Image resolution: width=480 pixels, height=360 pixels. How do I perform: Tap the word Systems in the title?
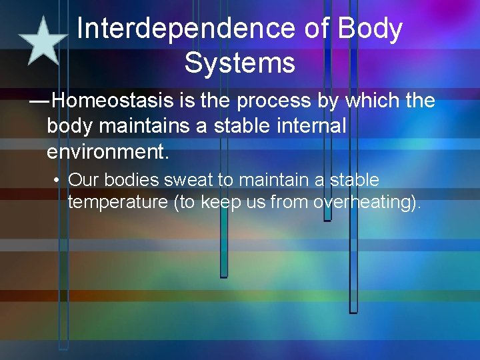[x=239, y=63]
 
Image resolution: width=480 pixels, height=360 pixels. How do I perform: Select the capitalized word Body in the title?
[x=370, y=29]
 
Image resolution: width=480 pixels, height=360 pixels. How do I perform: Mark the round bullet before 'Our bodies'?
[x=59, y=181]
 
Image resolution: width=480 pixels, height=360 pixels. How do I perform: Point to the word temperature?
[x=118, y=202]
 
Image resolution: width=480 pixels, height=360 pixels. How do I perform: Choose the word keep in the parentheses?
[x=223, y=202]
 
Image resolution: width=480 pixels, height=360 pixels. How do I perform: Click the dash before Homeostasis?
[x=39, y=101]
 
